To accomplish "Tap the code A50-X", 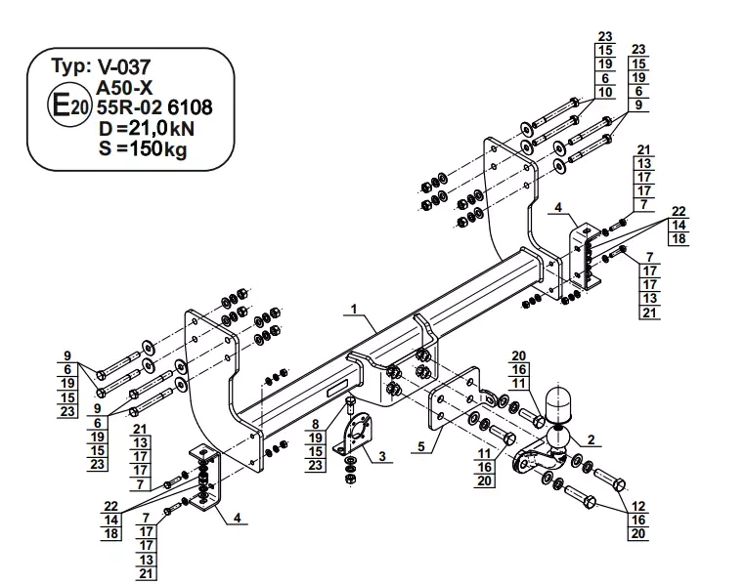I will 127,86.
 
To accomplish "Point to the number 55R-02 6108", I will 155,106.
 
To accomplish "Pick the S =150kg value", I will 142,148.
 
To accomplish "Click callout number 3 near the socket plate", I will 382,455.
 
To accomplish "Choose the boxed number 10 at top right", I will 605,92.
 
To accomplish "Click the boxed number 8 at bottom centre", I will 316,423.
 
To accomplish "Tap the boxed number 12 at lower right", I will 638,506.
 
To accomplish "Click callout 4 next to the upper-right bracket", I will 556,208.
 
